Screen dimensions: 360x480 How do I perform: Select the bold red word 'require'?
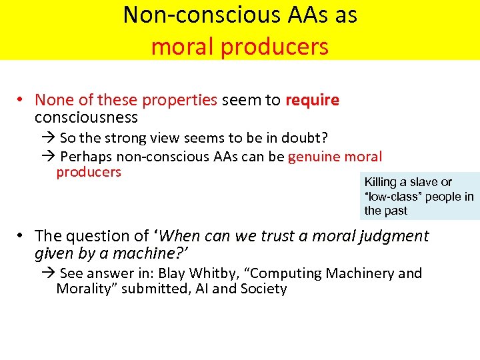tap(312, 101)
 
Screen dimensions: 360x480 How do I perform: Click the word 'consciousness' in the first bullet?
tap(86, 117)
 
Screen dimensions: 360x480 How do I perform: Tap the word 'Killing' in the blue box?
tap(381, 182)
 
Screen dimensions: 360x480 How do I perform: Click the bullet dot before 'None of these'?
tap(21, 101)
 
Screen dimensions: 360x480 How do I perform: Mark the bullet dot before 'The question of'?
tap(21, 236)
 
